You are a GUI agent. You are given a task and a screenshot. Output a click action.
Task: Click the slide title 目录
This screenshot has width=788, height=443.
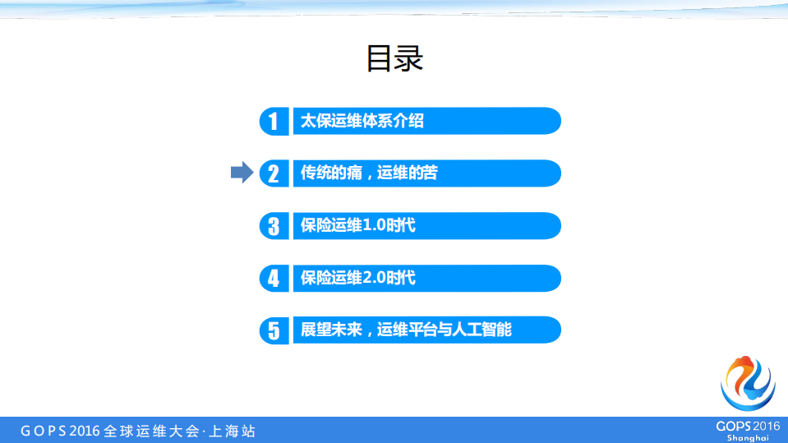click(x=394, y=58)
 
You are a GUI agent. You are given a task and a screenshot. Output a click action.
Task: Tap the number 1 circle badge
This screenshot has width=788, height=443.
click(x=274, y=121)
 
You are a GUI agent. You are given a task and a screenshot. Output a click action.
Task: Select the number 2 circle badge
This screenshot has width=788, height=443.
click(x=274, y=173)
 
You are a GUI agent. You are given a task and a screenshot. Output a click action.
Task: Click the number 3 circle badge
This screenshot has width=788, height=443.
click(x=274, y=225)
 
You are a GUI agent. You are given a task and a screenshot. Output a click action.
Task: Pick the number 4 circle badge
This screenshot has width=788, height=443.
click(x=274, y=278)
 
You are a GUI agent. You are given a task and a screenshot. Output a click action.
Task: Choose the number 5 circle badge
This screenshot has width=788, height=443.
click(x=274, y=330)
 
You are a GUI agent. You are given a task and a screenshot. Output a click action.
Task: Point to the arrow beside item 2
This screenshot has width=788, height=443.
click(x=242, y=173)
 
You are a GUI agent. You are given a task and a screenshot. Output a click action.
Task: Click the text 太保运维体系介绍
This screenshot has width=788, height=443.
click(x=362, y=121)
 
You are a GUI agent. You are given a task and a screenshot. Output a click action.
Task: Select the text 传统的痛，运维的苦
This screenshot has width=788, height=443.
click(x=369, y=173)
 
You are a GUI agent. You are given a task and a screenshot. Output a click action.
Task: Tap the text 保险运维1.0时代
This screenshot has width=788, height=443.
click(x=358, y=225)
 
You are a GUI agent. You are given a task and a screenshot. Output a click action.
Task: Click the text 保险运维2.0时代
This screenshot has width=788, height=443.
click(x=358, y=278)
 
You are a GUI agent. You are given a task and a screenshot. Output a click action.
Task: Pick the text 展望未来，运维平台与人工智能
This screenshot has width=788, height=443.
click(x=406, y=330)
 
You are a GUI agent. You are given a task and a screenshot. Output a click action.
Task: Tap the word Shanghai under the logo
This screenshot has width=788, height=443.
click(x=747, y=437)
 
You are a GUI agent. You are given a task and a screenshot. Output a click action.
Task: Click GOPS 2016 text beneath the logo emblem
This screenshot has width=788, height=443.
click(x=747, y=425)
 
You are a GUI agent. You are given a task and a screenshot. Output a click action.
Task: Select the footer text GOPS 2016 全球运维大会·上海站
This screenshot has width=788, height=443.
click(x=138, y=431)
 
